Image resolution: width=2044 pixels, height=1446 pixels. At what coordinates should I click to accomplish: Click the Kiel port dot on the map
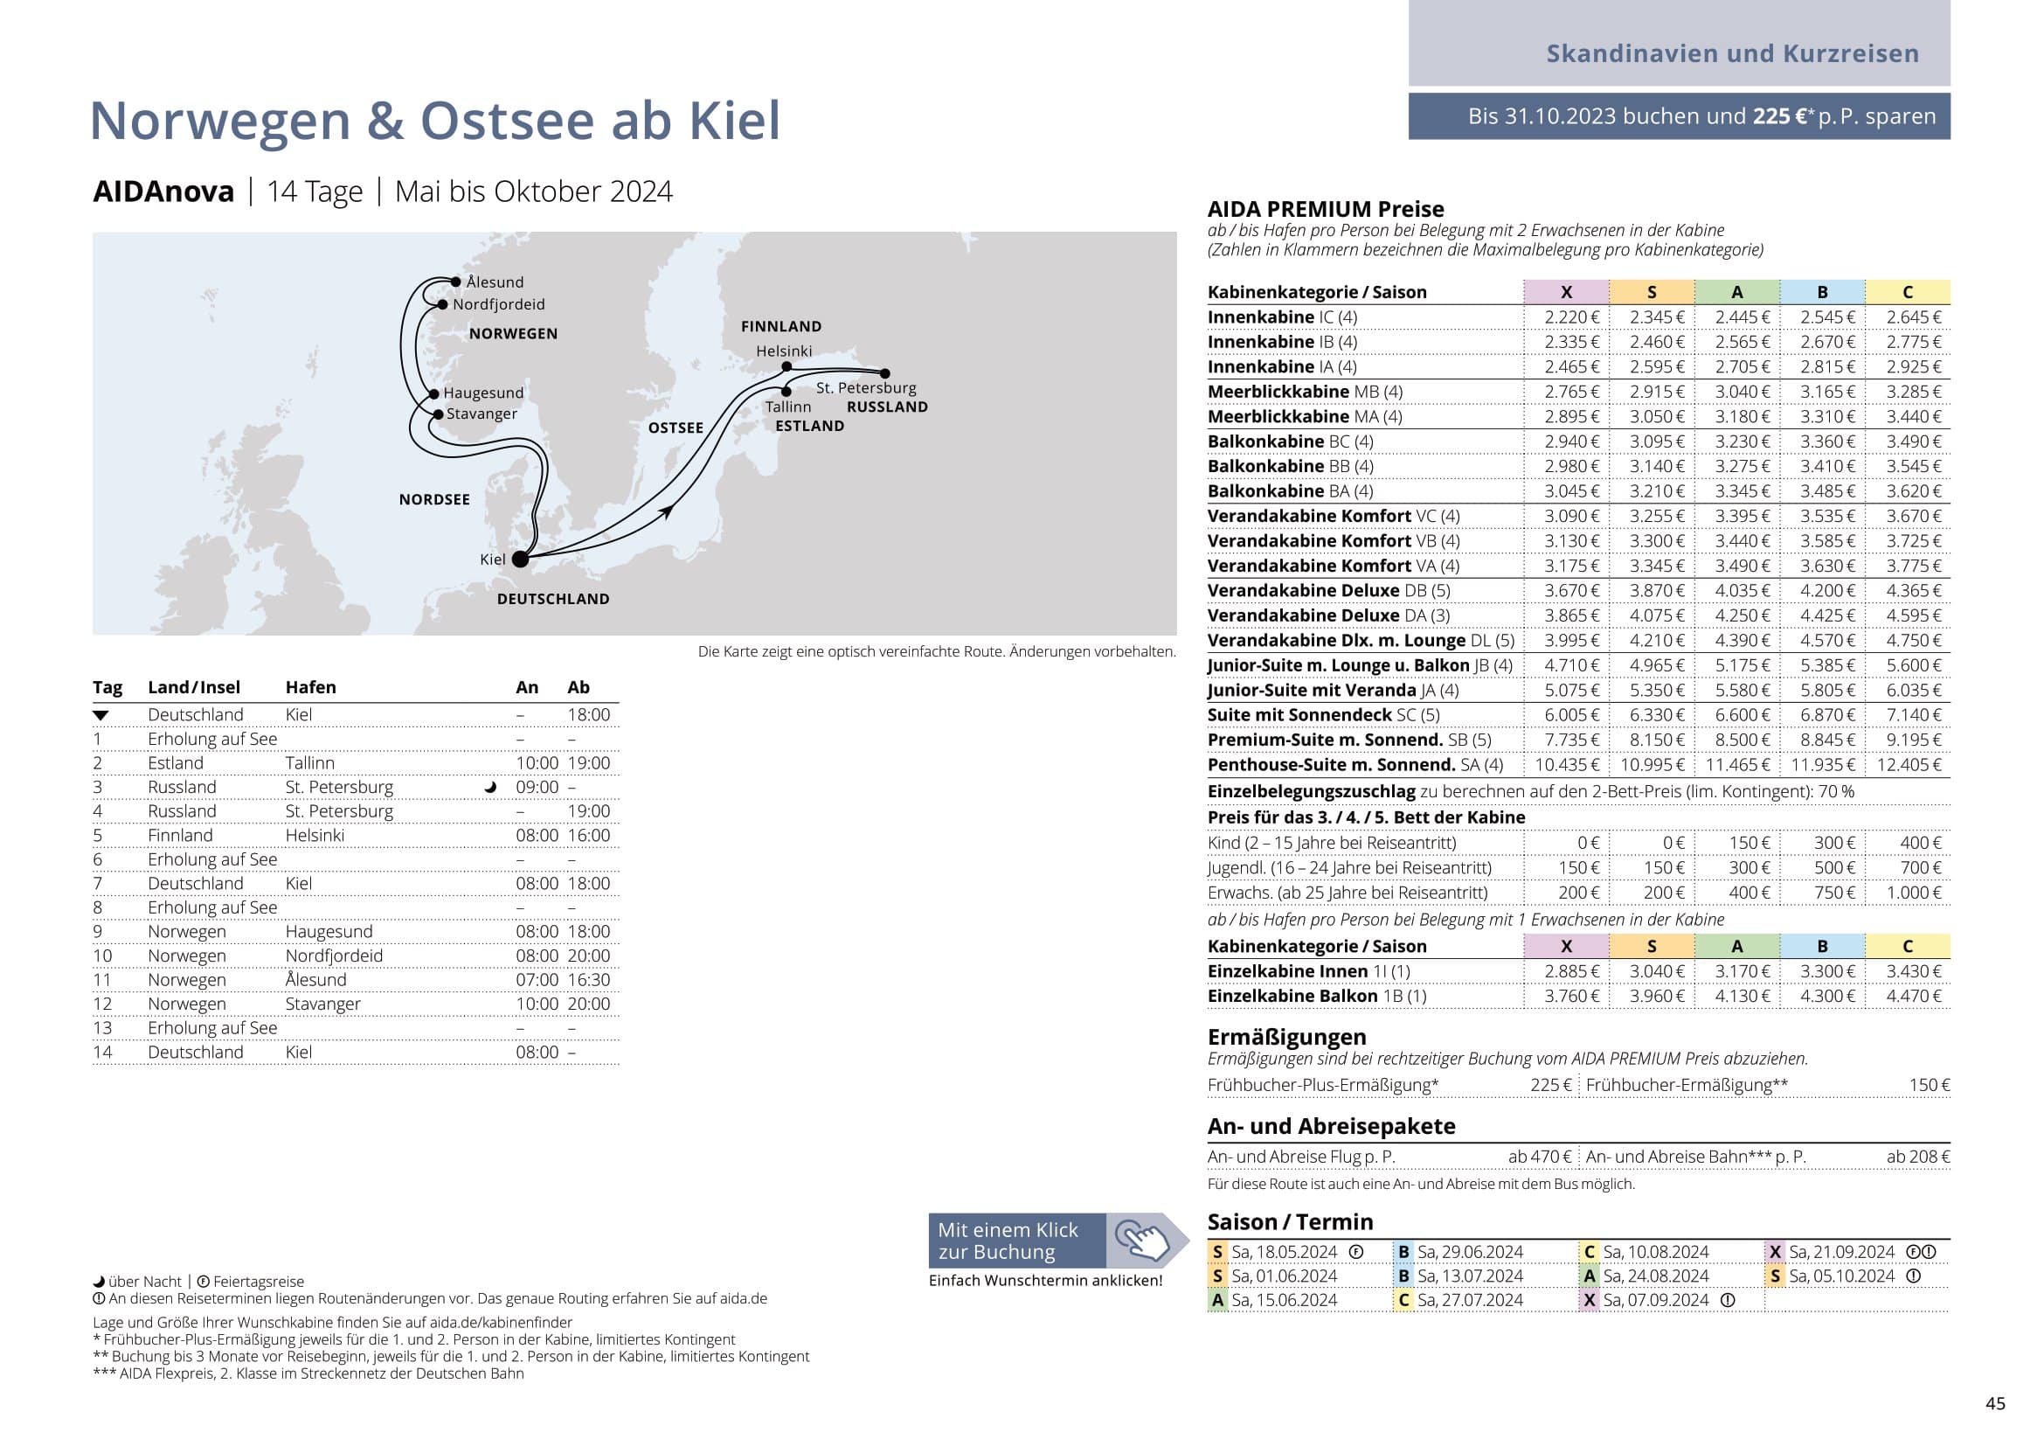coord(520,560)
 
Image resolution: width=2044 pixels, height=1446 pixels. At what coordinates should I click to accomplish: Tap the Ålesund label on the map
coord(495,282)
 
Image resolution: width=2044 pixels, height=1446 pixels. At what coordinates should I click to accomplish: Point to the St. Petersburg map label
coord(865,387)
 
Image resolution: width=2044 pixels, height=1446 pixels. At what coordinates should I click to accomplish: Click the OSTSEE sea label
coord(676,428)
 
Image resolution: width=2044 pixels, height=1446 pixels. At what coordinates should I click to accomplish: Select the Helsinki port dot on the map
coord(786,366)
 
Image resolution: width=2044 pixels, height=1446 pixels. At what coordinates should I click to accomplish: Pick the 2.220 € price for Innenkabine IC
coord(1571,317)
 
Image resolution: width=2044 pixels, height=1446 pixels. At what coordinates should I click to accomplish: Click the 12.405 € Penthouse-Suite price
coord(1908,764)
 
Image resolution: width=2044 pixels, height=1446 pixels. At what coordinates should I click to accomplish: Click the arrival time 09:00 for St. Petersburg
coord(537,787)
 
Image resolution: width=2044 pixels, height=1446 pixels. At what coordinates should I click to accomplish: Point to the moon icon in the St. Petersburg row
coord(489,787)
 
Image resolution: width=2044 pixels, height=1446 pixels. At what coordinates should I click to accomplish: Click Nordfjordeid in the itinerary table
coord(334,956)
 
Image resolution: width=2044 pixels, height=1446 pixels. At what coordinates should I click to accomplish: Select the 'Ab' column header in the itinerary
coord(578,687)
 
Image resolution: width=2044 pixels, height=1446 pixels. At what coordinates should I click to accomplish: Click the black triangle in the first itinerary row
coord(100,715)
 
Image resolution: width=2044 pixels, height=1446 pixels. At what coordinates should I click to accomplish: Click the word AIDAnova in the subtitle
coord(163,191)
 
